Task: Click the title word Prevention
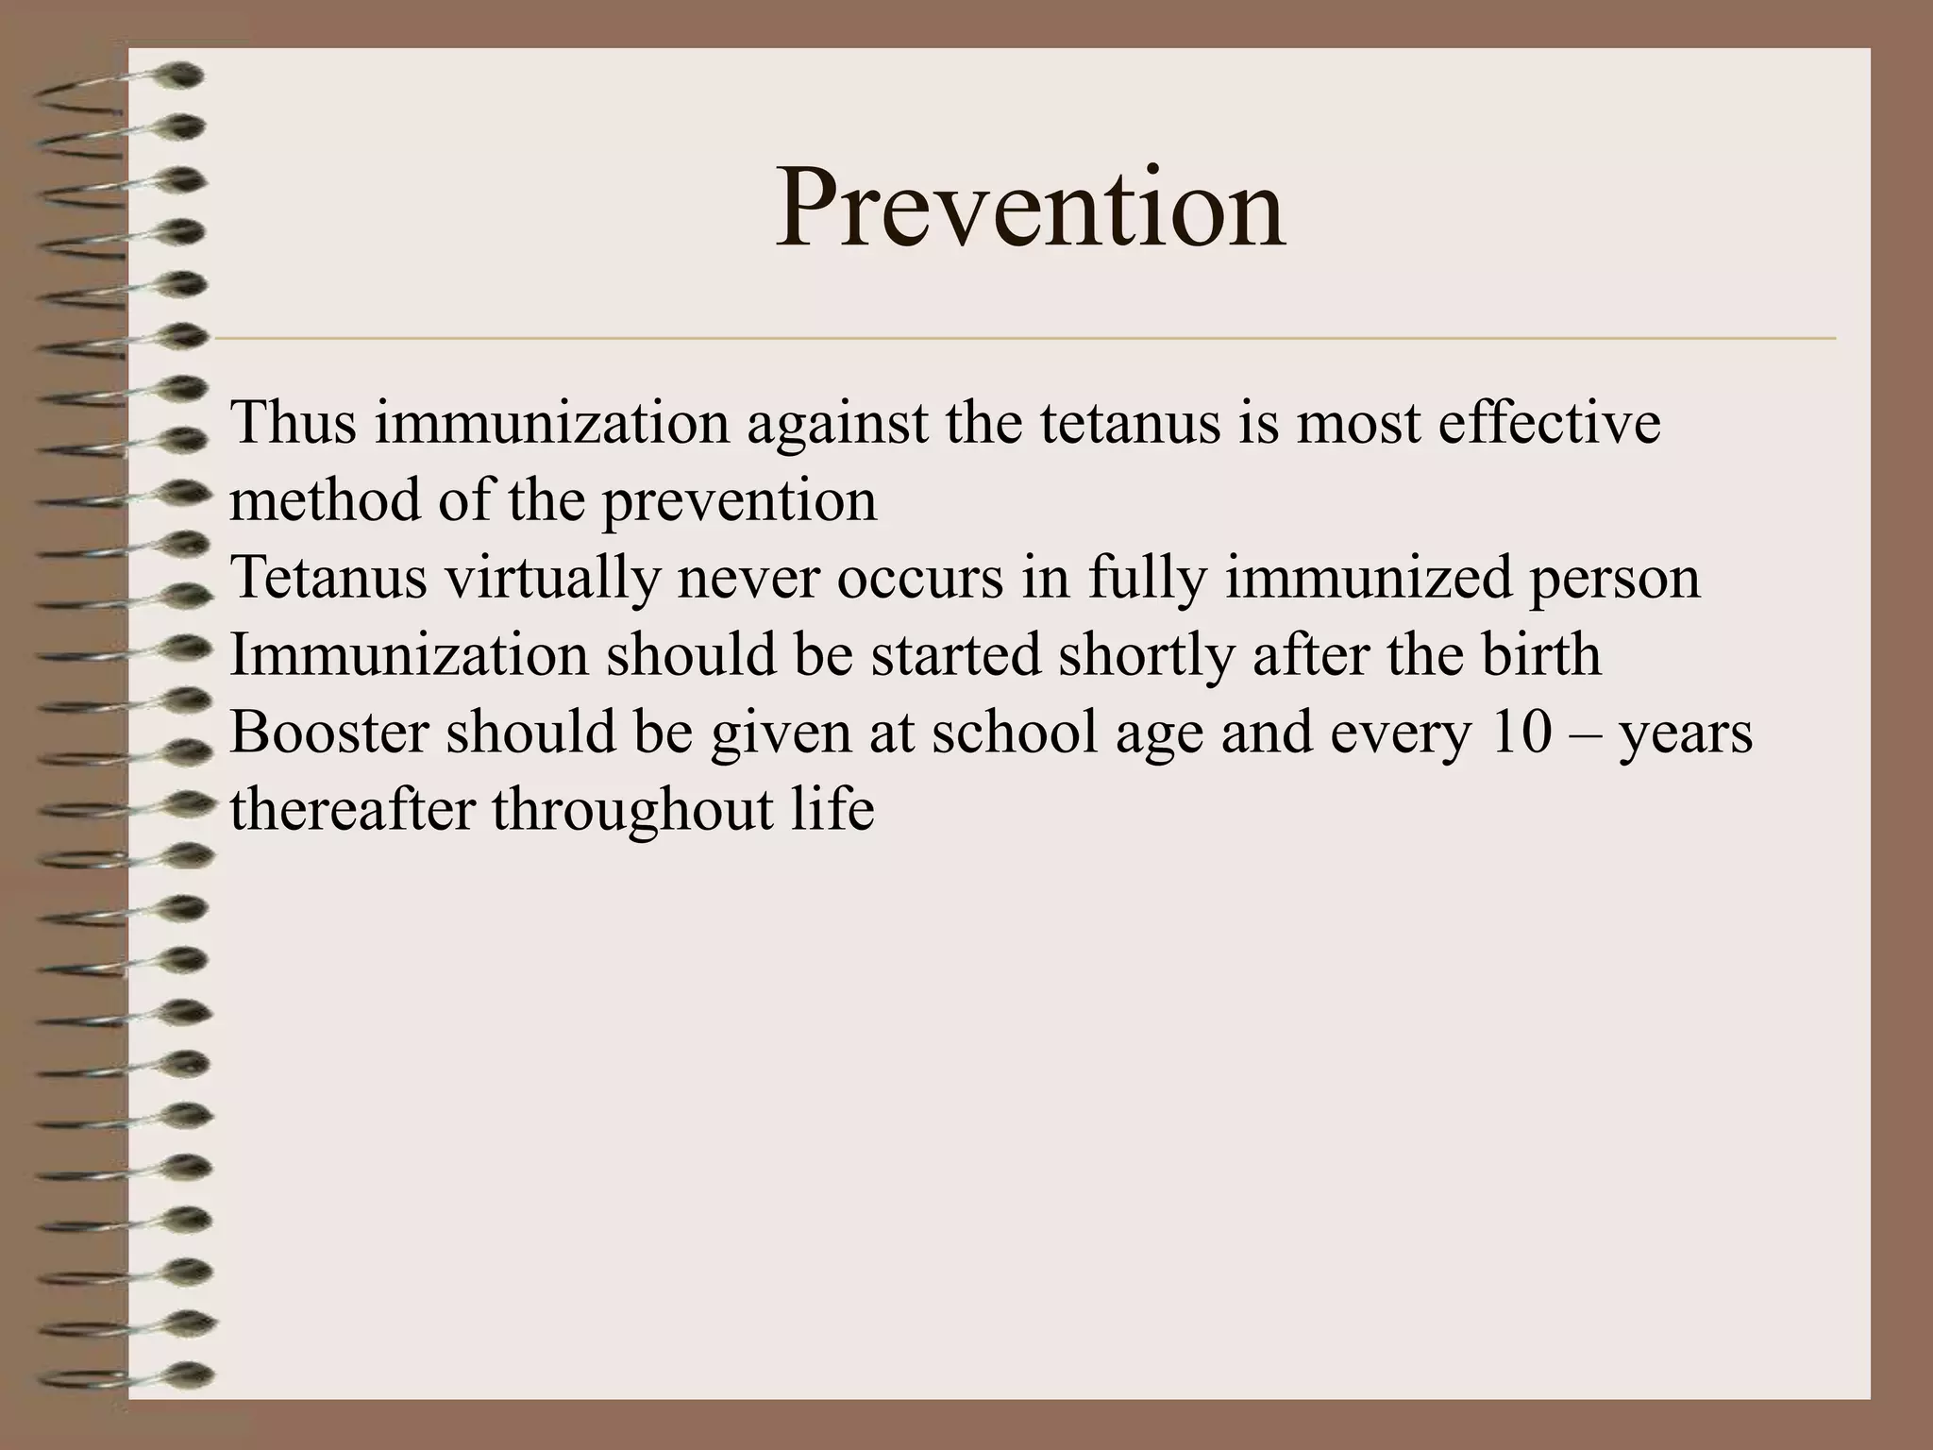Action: point(1030,208)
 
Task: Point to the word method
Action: point(325,499)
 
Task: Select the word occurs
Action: point(920,579)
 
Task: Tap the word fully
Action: point(1147,579)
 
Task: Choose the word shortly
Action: point(1146,656)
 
